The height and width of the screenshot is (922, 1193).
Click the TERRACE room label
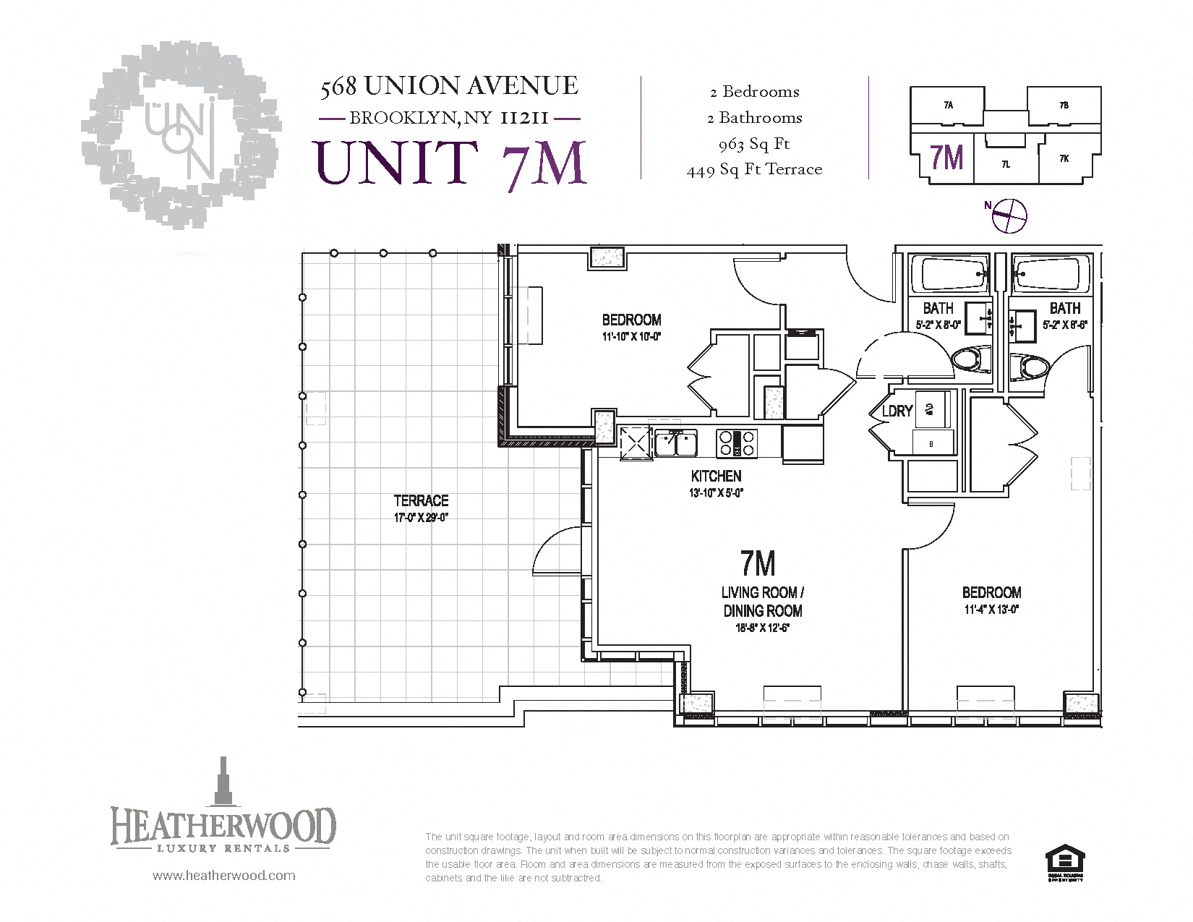click(x=421, y=500)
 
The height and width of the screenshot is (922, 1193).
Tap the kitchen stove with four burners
click(x=736, y=443)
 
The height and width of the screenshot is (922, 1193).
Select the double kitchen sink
click(x=676, y=443)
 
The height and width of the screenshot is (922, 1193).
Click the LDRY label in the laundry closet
click(x=897, y=411)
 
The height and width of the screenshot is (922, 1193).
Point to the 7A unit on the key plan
click(x=948, y=106)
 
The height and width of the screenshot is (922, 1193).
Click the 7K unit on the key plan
click(x=1064, y=158)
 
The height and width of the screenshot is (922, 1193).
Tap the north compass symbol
click(x=1008, y=215)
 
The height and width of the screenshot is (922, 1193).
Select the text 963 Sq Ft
click(x=754, y=144)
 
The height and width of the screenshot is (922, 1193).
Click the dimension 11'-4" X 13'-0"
click(x=991, y=610)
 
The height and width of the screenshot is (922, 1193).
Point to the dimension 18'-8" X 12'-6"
click(x=762, y=628)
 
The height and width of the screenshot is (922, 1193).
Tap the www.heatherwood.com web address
click(x=223, y=876)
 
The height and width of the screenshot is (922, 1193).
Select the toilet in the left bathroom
click(x=971, y=359)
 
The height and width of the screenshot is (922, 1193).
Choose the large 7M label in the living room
click(x=758, y=563)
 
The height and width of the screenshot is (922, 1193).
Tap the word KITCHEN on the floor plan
click(x=716, y=476)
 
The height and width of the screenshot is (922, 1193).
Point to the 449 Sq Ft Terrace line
click(x=754, y=170)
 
